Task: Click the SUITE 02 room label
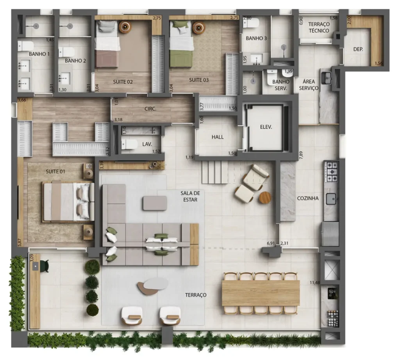point(123,82)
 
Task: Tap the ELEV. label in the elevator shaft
point(266,127)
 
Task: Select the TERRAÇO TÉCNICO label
point(319,27)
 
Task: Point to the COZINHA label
point(308,198)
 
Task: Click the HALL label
point(218,137)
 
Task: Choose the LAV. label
point(147,144)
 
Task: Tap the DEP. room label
point(358,49)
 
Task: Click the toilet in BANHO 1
point(25,46)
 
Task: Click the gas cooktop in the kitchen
point(331,172)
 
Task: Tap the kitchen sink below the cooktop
point(331,199)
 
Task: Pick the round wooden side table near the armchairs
point(265,197)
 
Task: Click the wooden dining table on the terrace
point(261,293)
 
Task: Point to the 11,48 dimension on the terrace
point(315,282)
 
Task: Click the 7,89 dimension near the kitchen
point(301,155)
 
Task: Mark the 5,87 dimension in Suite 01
point(20,243)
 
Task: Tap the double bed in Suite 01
point(68,201)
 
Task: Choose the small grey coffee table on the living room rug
point(155,203)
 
